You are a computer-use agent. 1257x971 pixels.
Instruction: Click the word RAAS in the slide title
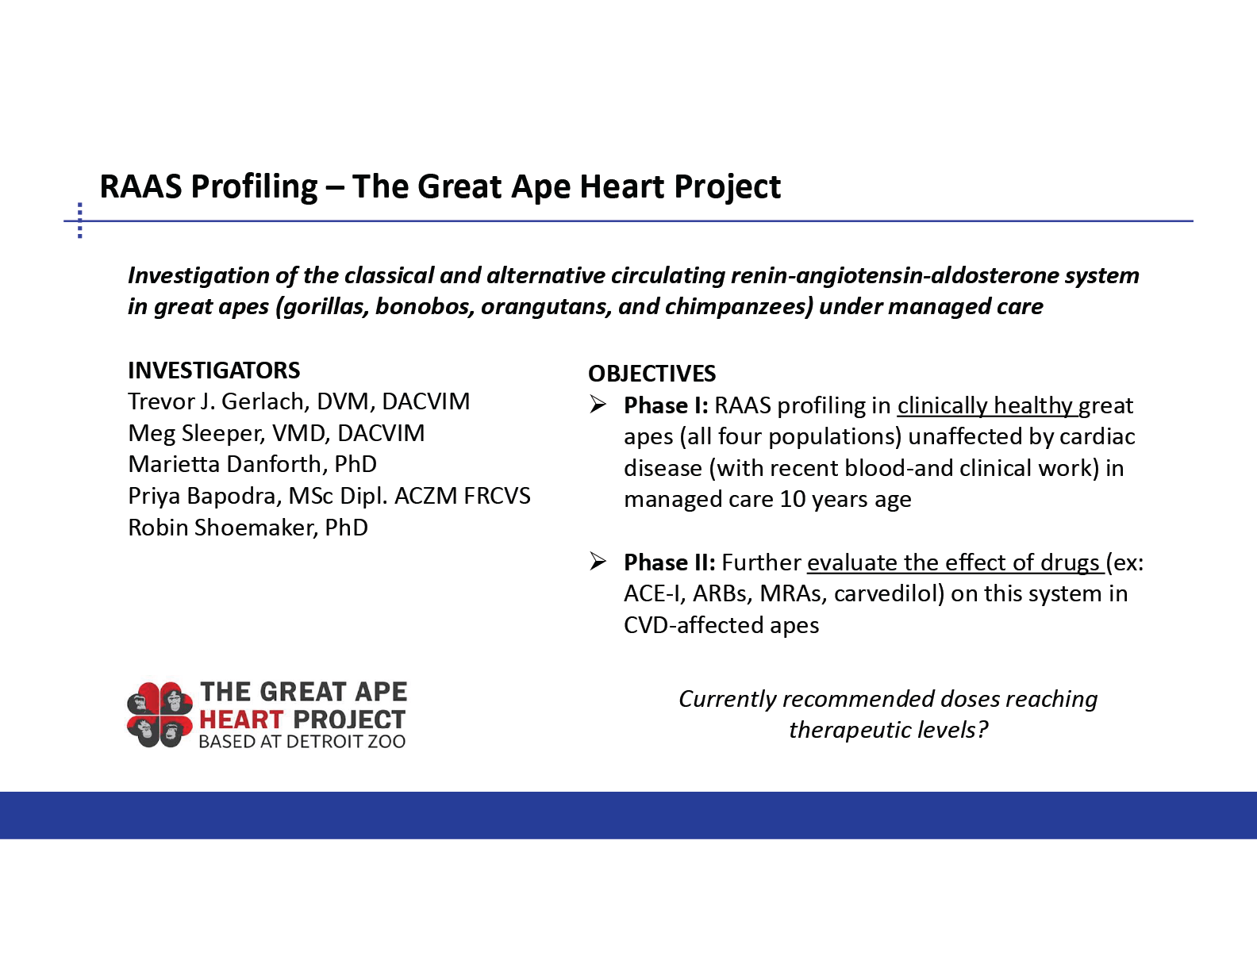click(x=140, y=186)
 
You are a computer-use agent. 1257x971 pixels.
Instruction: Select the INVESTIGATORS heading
click(x=214, y=370)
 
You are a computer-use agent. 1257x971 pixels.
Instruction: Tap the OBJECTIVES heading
click(x=652, y=374)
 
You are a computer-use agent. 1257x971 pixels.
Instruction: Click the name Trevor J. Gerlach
click(x=216, y=402)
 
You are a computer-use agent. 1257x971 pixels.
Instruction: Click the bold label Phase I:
click(x=666, y=405)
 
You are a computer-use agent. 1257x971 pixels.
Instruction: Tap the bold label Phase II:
click(x=669, y=562)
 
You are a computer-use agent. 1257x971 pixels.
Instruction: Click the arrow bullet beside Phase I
click(x=598, y=405)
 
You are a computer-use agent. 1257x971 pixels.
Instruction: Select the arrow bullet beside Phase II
click(x=598, y=562)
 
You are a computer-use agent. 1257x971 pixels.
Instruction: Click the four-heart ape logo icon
click(x=160, y=715)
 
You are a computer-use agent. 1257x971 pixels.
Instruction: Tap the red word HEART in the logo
click(x=241, y=720)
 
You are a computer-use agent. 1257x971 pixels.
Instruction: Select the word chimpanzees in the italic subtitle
click(x=739, y=307)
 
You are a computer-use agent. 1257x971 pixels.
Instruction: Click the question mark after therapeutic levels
click(x=982, y=730)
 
